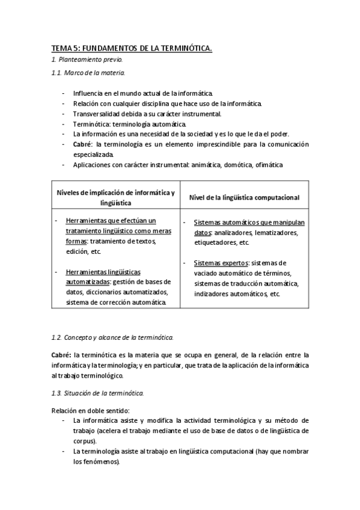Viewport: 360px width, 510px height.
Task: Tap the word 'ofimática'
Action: click(x=267, y=165)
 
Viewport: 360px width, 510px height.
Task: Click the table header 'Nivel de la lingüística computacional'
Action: click(x=244, y=197)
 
